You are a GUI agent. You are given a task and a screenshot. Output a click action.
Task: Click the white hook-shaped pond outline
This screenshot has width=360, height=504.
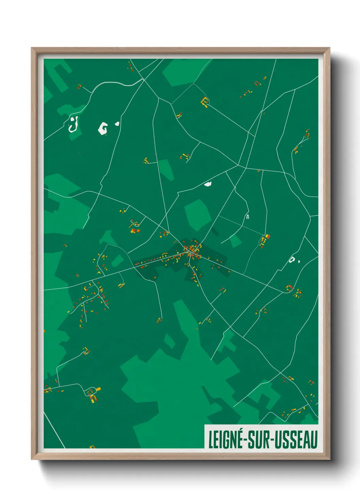73,125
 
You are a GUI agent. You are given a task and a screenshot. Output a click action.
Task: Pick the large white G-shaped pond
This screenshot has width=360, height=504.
103,128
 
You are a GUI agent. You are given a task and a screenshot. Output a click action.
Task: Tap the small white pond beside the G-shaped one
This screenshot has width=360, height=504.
117,124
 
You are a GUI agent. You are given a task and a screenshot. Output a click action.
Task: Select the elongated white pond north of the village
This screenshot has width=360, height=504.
208,184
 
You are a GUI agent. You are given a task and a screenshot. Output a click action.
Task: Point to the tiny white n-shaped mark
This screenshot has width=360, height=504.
248,216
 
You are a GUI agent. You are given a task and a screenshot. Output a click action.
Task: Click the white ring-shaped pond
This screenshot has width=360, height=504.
292,260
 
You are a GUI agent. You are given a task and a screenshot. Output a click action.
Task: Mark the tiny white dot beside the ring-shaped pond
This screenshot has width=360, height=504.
299,262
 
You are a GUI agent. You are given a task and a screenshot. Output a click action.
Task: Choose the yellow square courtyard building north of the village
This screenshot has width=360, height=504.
205,101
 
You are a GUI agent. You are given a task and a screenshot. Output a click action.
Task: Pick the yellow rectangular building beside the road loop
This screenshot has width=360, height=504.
98,389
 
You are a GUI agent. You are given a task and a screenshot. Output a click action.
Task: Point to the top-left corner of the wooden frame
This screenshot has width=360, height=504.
32,48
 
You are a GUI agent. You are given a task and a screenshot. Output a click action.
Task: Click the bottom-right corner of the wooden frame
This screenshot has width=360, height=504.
329,459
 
